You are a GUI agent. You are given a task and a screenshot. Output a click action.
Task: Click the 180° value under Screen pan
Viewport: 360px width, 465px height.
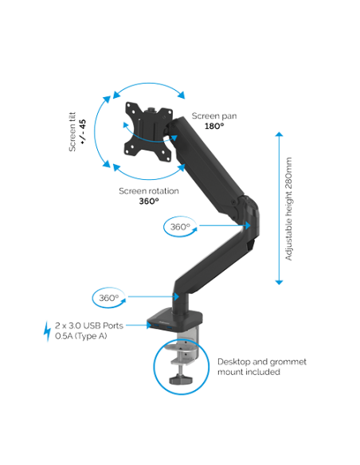point(214,126)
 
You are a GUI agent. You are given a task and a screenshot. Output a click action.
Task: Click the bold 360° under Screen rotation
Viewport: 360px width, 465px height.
point(149,201)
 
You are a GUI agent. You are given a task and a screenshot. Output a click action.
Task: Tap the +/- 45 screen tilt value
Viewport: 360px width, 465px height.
point(83,131)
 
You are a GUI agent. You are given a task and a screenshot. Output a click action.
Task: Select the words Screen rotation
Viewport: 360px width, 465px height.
point(149,191)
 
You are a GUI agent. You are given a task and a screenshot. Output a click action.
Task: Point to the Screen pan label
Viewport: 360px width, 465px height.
point(214,116)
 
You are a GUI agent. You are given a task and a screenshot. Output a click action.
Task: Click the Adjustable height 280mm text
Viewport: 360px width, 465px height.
point(288,209)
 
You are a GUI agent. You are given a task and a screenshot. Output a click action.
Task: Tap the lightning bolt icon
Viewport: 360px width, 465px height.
point(47,331)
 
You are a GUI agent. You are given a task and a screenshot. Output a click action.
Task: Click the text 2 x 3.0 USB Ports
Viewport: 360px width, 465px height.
point(89,326)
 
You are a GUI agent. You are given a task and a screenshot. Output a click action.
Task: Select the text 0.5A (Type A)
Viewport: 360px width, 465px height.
point(81,336)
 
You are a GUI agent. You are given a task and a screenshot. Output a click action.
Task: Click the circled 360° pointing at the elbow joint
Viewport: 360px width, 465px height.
point(180,227)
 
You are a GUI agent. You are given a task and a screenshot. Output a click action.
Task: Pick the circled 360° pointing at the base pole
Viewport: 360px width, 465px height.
point(109,298)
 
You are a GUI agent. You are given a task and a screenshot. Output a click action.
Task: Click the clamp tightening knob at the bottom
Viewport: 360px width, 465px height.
point(180,379)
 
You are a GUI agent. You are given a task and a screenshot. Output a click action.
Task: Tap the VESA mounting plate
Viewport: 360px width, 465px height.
point(149,131)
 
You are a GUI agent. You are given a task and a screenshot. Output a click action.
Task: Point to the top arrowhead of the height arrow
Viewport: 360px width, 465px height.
point(279,135)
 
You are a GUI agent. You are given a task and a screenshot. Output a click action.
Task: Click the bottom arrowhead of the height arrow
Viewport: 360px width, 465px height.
point(279,283)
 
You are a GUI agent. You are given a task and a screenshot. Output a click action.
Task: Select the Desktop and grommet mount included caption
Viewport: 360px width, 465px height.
point(262,366)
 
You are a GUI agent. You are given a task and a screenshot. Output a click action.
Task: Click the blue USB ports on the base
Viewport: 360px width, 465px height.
point(162,327)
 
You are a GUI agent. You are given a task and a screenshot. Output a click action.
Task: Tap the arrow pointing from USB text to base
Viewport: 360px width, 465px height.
point(139,326)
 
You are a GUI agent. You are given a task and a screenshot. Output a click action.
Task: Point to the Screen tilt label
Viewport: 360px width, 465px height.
point(72,131)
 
